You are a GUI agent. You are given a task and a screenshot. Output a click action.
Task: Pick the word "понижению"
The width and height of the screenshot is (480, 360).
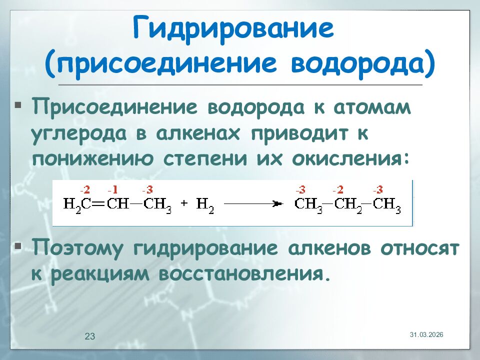coord(92,159)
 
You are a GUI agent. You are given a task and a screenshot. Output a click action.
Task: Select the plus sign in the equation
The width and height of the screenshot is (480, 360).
coord(184,203)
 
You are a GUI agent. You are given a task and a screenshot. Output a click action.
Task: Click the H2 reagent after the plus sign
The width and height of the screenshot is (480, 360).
coord(205,204)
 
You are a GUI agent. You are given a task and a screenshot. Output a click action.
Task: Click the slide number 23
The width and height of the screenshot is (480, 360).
coord(90,336)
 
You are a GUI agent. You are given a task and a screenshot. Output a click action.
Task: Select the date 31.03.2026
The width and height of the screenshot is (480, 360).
coord(426,334)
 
